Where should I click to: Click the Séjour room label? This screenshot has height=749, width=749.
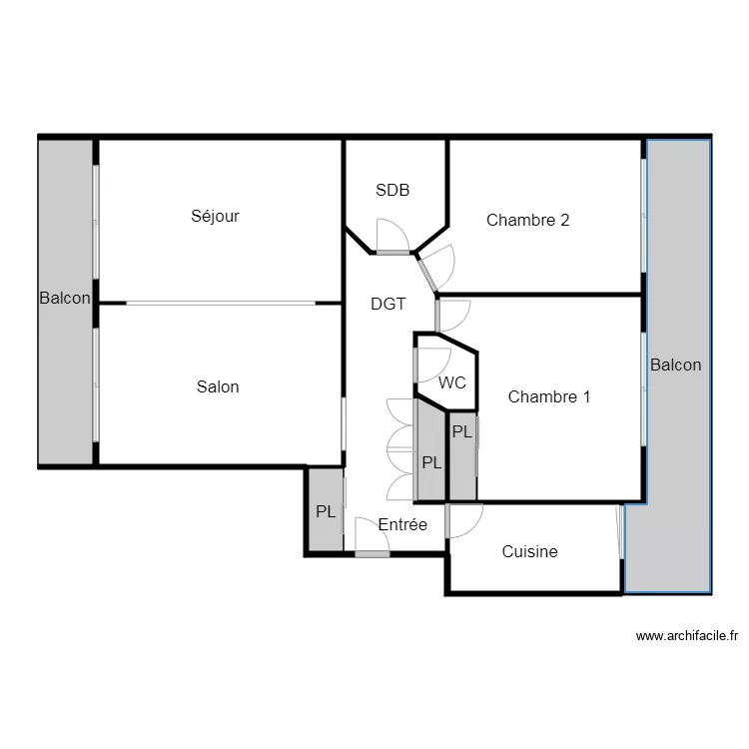216,216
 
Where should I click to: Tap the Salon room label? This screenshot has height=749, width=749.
218,386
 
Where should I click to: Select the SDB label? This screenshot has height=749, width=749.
392,190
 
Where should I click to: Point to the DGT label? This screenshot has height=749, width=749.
388,305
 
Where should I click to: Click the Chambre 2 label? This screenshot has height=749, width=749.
527,220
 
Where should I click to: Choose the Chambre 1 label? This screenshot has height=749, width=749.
549,396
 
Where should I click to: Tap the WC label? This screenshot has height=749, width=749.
452,382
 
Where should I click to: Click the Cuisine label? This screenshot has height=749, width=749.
529,551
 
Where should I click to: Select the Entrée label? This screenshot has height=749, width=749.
402,524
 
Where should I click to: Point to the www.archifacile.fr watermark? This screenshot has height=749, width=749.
686,635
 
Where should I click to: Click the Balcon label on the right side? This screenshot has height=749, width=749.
675,365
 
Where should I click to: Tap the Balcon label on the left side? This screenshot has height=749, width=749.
65,298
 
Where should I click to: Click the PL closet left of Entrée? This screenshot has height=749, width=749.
325,510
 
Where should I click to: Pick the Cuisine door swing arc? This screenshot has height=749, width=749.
466,520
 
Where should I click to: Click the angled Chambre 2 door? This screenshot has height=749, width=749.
428,274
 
